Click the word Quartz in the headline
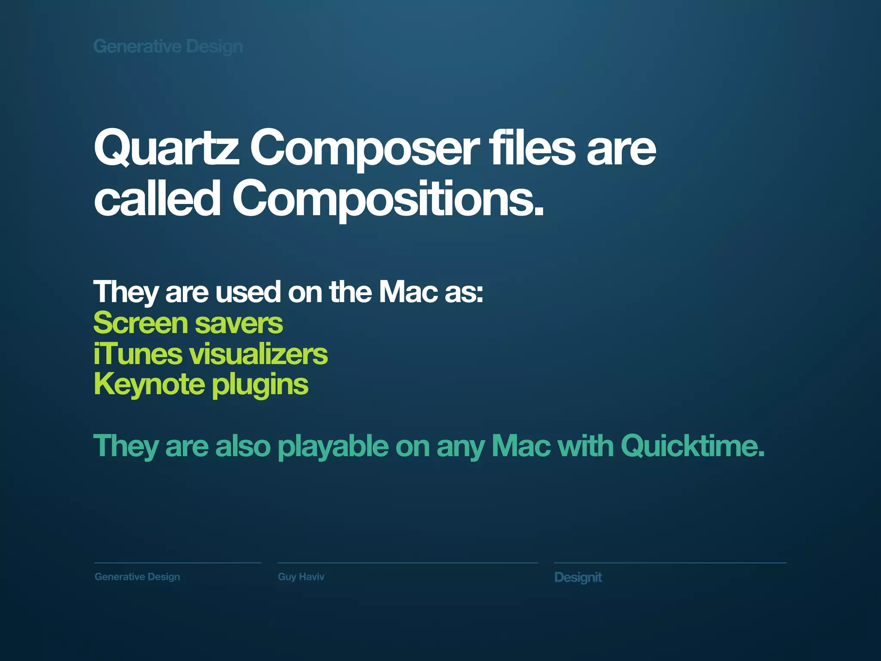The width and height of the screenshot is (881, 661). (166, 148)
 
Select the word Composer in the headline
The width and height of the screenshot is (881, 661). (364, 148)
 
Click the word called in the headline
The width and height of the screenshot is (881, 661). (157, 198)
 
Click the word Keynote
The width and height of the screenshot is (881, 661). (149, 384)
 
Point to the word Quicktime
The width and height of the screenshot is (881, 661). (692, 446)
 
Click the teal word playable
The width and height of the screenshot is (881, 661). (333, 447)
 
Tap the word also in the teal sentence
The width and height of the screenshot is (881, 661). (243, 446)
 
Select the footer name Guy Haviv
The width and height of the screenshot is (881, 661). (301, 577)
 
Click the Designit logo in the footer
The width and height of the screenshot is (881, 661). (578, 577)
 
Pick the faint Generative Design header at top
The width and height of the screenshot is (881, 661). (168, 46)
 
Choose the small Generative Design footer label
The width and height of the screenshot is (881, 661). (137, 577)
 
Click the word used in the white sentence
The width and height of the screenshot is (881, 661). (248, 292)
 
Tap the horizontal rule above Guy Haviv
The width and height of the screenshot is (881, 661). (407, 562)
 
